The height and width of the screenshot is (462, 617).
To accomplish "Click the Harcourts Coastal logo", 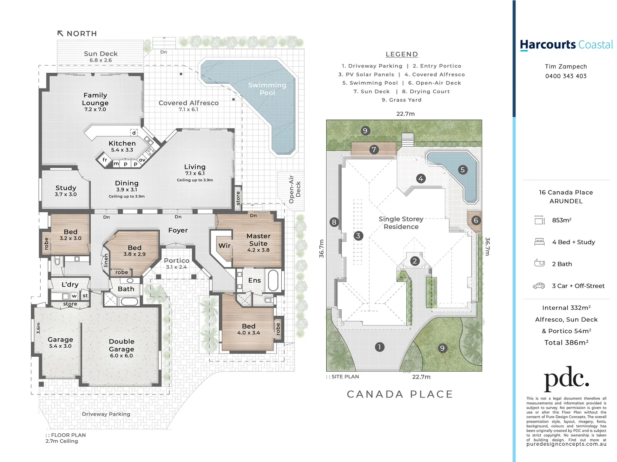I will click(x=566, y=45).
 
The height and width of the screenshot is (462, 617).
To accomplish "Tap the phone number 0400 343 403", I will click(x=566, y=76).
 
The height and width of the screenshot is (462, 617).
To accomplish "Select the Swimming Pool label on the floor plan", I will click(x=267, y=89).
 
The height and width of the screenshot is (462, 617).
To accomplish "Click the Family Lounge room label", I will click(x=95, y=99).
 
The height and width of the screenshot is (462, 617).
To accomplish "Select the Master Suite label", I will click(x=258, y=240).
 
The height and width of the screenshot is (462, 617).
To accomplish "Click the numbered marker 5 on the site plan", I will click(x=462, y=170).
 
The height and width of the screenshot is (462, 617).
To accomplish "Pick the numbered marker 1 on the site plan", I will click(x=379, y=347).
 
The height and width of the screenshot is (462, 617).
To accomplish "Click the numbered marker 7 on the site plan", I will click(x=374, y=150).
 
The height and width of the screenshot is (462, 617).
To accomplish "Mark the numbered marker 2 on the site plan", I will click(x=414, y=261).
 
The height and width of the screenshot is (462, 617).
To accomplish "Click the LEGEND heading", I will click(x=402, y=54).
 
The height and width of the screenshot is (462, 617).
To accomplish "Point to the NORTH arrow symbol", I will click(x=60, y=33).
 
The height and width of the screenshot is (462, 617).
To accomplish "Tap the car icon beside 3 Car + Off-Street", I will click(x=539, y=286).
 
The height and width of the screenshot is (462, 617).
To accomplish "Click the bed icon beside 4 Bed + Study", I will click(x=539, y=242).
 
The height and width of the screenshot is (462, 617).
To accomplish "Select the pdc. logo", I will click(x=566, y=378).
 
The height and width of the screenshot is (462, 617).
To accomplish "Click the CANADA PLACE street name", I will click(x=399, y=394).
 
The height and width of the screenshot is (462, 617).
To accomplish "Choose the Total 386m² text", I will click(x=566, y=343).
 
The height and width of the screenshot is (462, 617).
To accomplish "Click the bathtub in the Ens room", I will click(x=273, y=281).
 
